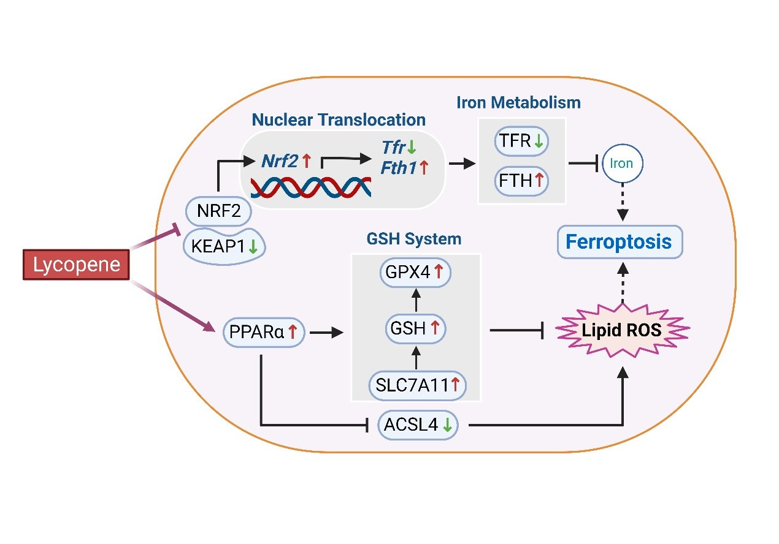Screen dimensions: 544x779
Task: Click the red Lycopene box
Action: click(76, 265)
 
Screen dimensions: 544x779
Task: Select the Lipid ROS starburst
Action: click(623, 331)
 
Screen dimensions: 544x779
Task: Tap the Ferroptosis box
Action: click(618, 241)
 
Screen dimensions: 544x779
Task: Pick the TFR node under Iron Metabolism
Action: click(521, 142)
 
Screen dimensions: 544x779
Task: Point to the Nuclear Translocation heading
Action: click(338, 119)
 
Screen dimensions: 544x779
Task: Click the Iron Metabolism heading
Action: click(518, 102)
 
